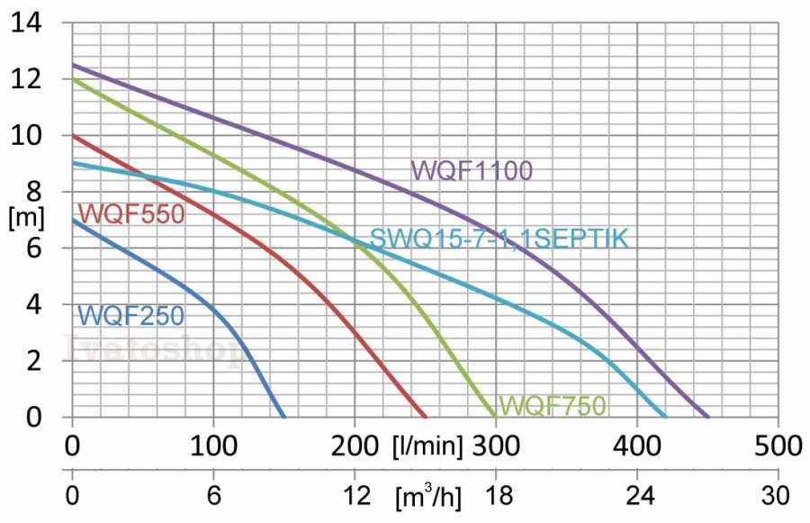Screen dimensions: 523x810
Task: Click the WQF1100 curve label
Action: click(472, 170)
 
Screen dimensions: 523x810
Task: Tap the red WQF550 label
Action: click(131, 214)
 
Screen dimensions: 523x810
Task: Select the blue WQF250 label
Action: click(131, 316)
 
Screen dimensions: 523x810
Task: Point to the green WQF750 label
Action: click(553, 406)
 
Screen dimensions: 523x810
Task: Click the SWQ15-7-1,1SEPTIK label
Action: click(499, 239)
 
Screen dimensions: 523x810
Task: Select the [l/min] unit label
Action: click(427, 446)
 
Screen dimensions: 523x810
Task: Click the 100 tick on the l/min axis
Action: click(213, 446)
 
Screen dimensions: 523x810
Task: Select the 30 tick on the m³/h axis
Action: click(776, 495)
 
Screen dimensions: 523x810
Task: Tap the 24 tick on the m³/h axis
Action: click(637, 495)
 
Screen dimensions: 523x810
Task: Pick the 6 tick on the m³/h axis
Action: click(213, 495)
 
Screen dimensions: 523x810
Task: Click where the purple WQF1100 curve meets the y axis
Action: click(73, 65)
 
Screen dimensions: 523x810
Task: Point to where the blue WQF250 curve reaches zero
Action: click(283, 417)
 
